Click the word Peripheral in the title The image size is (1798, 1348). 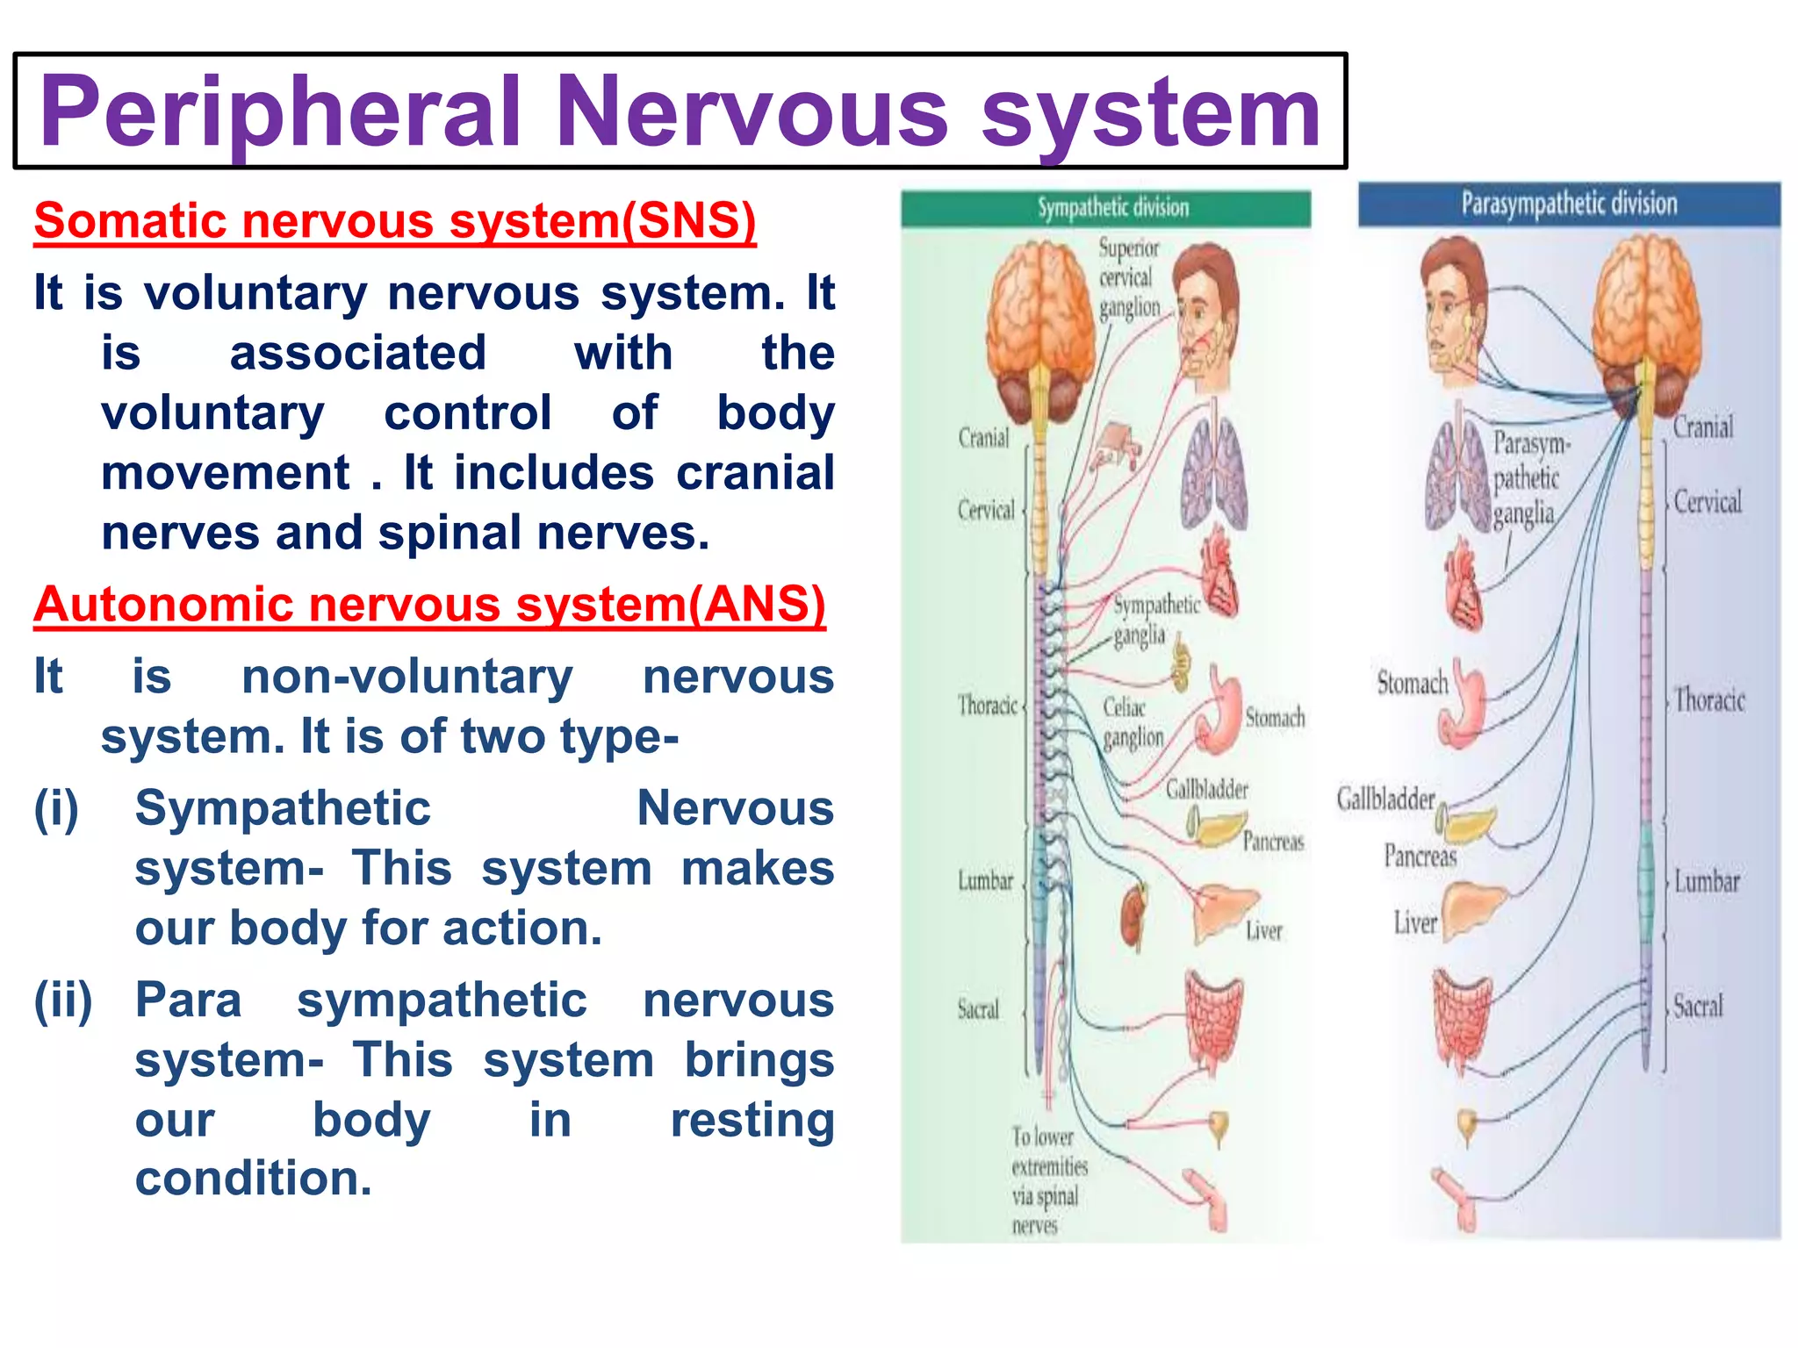281,112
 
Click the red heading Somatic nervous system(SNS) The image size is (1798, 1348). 395,220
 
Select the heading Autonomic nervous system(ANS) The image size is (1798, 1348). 429,605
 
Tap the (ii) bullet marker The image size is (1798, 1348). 63,1000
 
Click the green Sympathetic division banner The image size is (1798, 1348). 1106,208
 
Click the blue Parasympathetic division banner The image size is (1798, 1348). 1569,204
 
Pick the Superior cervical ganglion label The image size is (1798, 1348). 1129,278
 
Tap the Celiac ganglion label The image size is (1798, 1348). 1133,722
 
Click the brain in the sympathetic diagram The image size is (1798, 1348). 1040,325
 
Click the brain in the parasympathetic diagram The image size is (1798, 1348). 1647,316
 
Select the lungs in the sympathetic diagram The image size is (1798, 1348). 1215,474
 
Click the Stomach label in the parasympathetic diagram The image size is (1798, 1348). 1412,683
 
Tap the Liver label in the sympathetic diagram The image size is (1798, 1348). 1263,931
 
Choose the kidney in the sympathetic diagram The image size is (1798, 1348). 1134,917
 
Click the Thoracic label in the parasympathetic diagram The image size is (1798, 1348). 1708,700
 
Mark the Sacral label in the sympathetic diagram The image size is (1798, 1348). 978,1009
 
